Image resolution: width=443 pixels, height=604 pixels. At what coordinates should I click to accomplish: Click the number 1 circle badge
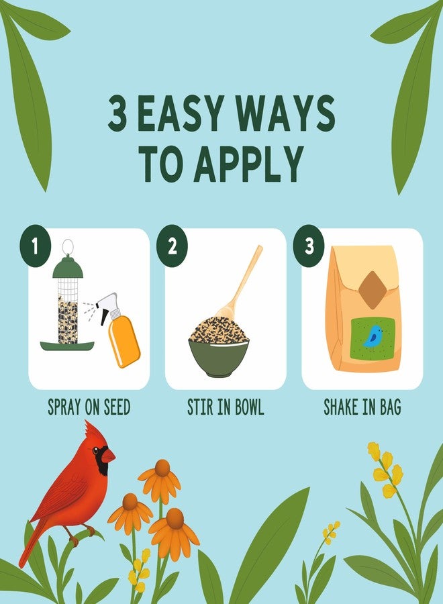pos(36,246)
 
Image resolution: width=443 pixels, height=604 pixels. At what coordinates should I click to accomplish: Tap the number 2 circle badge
pos(172,246)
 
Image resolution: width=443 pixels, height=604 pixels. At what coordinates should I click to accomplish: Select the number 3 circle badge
pos(309,246)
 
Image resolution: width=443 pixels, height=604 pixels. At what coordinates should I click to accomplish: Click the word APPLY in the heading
pos(248,164)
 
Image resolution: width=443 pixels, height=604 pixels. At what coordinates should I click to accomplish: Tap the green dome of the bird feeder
pos(68,266)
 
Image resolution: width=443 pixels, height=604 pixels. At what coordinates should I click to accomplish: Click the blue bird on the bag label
pos(372,336)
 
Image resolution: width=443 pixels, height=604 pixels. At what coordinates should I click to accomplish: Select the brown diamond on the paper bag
pos(372,290)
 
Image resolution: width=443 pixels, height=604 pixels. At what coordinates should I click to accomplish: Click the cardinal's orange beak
pos(109,455)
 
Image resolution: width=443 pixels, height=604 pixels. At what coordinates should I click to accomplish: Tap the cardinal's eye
pos(95,450)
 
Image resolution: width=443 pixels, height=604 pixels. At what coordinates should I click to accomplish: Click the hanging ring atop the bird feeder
pos(68,246)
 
